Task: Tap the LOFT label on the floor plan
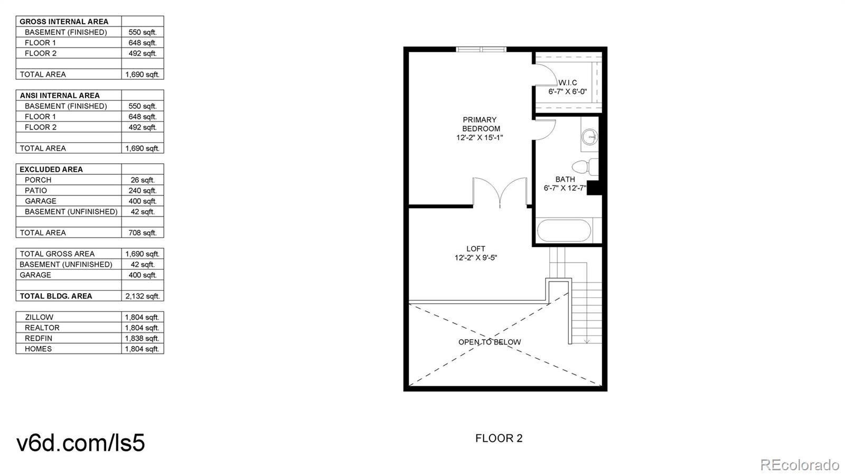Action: [x=475, y=249]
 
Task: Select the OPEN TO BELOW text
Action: [x=490, y=342]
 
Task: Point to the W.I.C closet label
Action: [x=568, y=82]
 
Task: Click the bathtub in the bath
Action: [x=564, y=231]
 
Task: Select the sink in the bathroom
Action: [x=589, y=137]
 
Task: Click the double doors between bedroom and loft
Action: [x=500, y=192]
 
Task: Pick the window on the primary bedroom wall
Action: [x=481, y=50]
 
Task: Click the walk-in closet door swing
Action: [x=544, y=74]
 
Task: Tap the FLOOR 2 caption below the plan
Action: [x=499, y=438]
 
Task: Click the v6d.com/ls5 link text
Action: [x=81, y=443]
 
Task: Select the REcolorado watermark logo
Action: [x=799, y=464]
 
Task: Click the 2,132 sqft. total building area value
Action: [x=142, y=296]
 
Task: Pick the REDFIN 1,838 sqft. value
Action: [x=142, y=338]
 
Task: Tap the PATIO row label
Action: [x=36, y=190]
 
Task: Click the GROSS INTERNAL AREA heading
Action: [x=64, y=22]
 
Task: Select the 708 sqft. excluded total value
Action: [x=142, y=232]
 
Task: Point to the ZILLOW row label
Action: [x=39, y=317]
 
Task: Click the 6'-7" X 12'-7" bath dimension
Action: [x=565, y=188]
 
